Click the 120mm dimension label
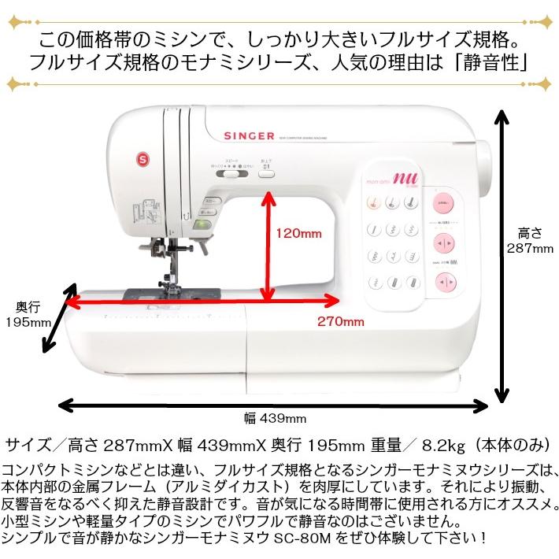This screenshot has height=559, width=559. [300, 233]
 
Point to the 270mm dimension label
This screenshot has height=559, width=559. [341, 320]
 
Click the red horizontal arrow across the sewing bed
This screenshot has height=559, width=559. [202, 299]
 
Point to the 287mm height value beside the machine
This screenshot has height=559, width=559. [530, 248]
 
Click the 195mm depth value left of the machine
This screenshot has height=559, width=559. [26, 322]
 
